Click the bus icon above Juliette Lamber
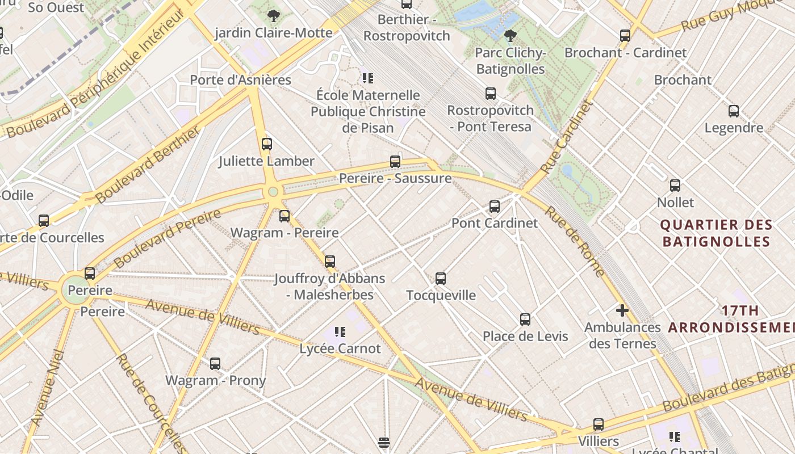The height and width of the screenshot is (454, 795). pyautogui.click(x=267, y=144)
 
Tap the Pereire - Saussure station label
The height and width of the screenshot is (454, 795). pyautogui.click(x=395, y=178)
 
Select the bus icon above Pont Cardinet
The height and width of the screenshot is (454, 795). pyautogui.click(x=495, y=207)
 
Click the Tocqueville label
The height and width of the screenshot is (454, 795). pyautogui.click(x=441, y=295)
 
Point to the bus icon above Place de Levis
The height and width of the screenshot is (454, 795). pyautogui.click(x=525, y=320)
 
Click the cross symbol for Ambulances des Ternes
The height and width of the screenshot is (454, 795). pyautogui.click(x=622, y=310)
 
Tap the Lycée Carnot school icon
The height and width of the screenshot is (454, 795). pyautogui.click(x=340, y=332)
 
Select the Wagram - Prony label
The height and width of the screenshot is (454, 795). pyautogui.click(x=215, y=380)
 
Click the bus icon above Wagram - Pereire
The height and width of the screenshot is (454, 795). pyautogui.click(x=284, y=216)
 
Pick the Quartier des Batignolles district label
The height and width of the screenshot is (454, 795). pyautogui.click(x=716, y=233)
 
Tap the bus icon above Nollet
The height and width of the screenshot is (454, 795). pyautogui.click(x=675, y=186)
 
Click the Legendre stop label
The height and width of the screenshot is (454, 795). pyautogui.click(x=734, y=128)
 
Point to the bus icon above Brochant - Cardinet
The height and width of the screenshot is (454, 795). pyautogui.click(x=625, y=36)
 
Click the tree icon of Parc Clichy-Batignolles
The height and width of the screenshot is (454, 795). pyautogui.click(x=511, y=36)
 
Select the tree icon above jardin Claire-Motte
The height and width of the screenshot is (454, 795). pyautogui.click(x=274, y=15)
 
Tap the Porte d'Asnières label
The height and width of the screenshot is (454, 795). pyautogui.click(x=240, y=80)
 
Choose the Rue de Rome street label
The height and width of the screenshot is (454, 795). pyautogui.click(x=575, y=241)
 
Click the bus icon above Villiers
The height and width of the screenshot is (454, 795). pyautogui.click(x=598, y=424)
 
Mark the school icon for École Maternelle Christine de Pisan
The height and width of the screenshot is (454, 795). pyautogui.click(x=368, y=78)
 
